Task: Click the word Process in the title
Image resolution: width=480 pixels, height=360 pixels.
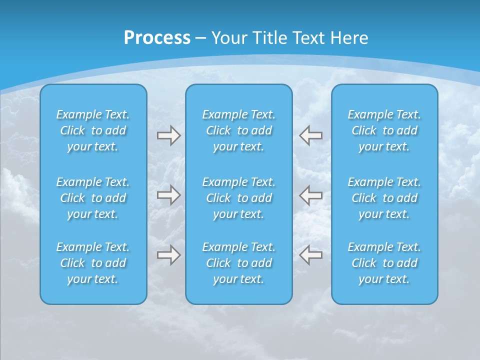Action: [157, 38]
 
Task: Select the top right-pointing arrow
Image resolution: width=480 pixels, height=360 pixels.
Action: [168, 135]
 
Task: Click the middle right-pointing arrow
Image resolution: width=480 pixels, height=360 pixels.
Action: [168, 195]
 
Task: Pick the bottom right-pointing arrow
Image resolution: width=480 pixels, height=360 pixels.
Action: [168, 255]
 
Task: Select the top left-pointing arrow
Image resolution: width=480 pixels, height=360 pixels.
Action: [310, 135]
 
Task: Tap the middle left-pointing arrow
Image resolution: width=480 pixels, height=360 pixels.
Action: [310, 195]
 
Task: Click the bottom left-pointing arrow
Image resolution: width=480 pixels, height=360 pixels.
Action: [310, 255]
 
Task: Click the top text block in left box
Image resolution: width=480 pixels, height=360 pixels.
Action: [93, 130]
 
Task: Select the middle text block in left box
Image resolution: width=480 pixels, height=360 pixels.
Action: [93, 198]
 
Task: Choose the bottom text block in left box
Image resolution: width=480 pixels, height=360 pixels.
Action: [93, 263]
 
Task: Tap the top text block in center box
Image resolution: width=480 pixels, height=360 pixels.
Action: [238, 130]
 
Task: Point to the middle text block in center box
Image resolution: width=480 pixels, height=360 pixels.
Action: [238, 198]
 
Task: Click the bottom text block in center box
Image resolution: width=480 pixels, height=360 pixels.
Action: [238, 263]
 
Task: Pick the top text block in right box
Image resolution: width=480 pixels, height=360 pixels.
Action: [384, 130]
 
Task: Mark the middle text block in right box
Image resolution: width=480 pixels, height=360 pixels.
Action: [384, 198]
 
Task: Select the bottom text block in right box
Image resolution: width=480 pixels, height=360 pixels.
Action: [384, 263]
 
